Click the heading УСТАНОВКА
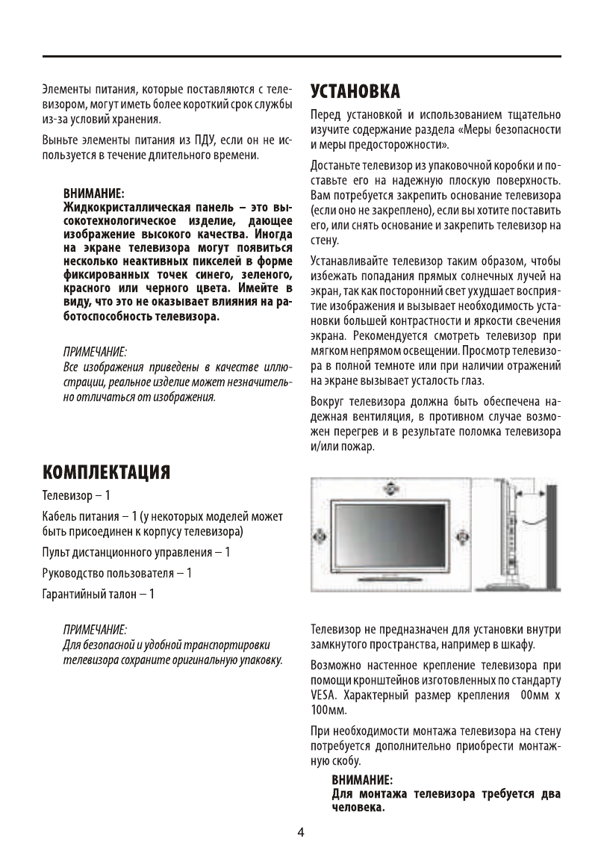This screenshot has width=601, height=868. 355,91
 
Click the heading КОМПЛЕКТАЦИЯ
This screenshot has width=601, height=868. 106,472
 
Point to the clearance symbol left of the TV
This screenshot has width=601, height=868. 319,535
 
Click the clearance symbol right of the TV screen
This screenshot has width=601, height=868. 461,535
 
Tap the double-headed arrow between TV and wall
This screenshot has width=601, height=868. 532,495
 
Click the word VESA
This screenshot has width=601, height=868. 323,695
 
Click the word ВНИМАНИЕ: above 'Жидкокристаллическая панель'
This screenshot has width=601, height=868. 93,192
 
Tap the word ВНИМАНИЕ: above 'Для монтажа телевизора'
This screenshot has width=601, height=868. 362,781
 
